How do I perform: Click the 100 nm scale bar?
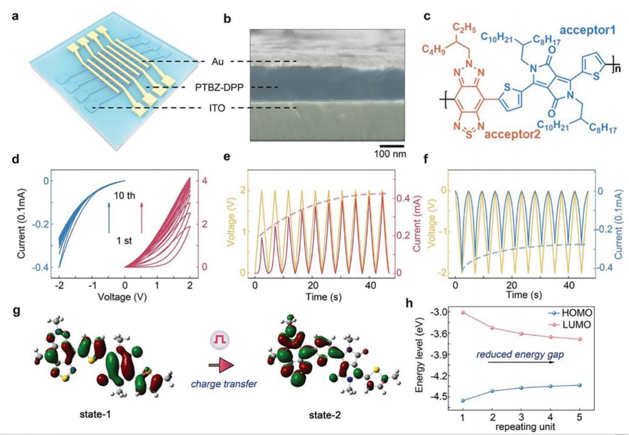392,146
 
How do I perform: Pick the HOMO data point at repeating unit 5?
579,385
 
